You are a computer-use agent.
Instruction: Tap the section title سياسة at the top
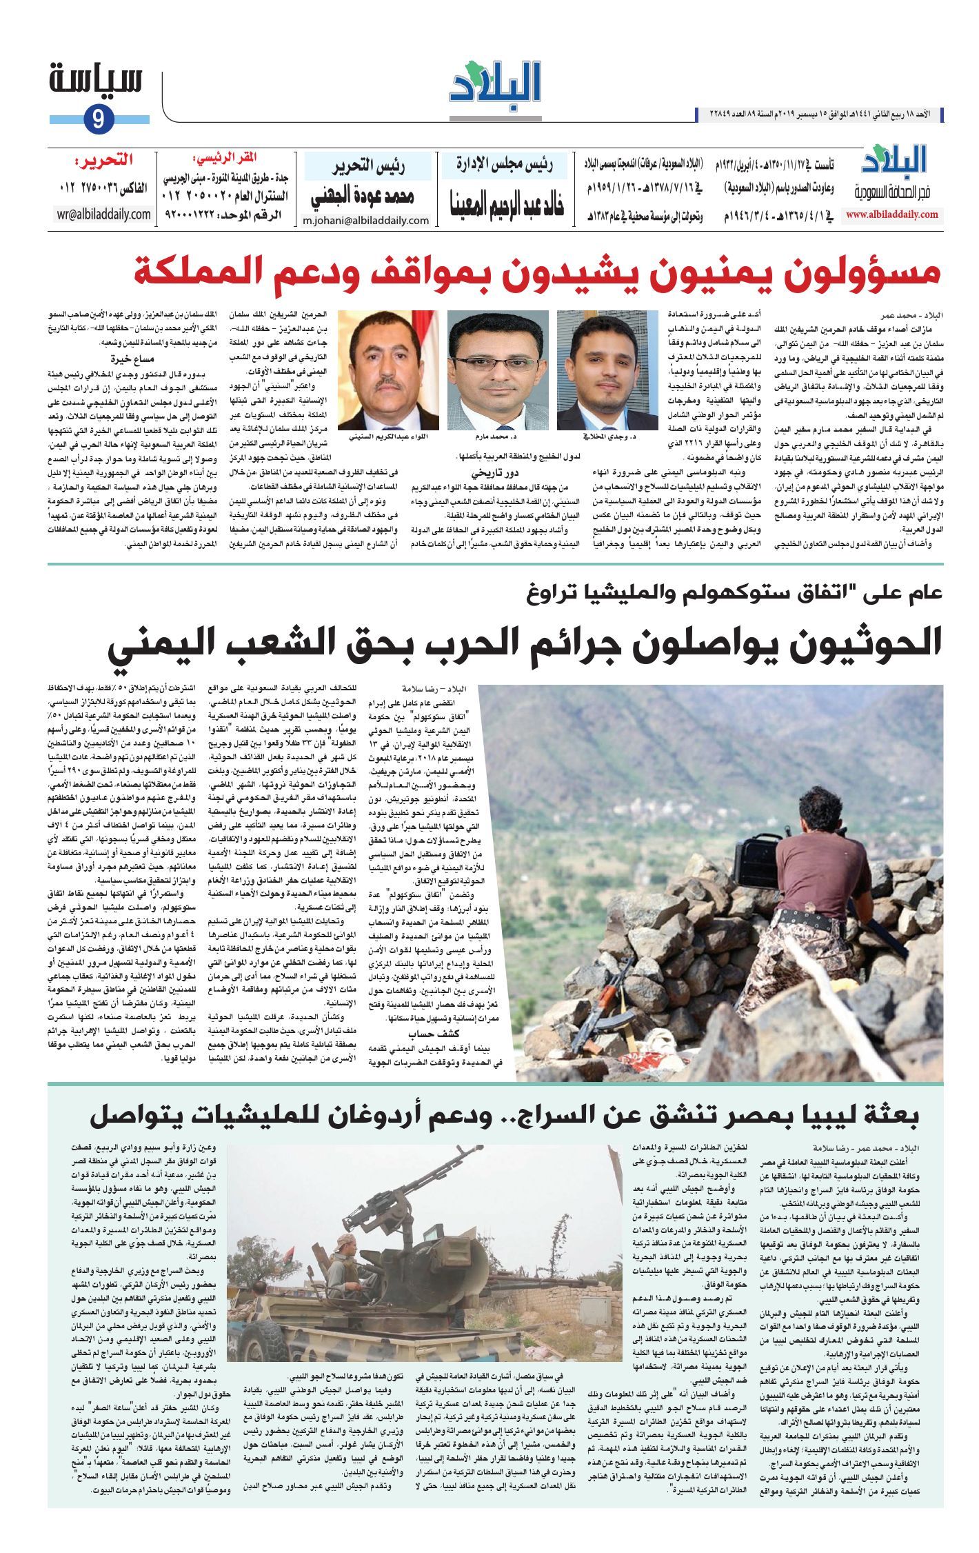(x=96, y=81)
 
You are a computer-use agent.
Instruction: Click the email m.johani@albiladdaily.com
(x=365, y=221)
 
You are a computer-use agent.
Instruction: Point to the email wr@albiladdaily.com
(x=104, y=214)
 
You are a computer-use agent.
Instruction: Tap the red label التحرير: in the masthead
(x=104, y=161)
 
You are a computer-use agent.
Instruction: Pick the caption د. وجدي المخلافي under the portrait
(x=607, y=437)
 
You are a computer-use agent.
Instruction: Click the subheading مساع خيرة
(x=133, y=359)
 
